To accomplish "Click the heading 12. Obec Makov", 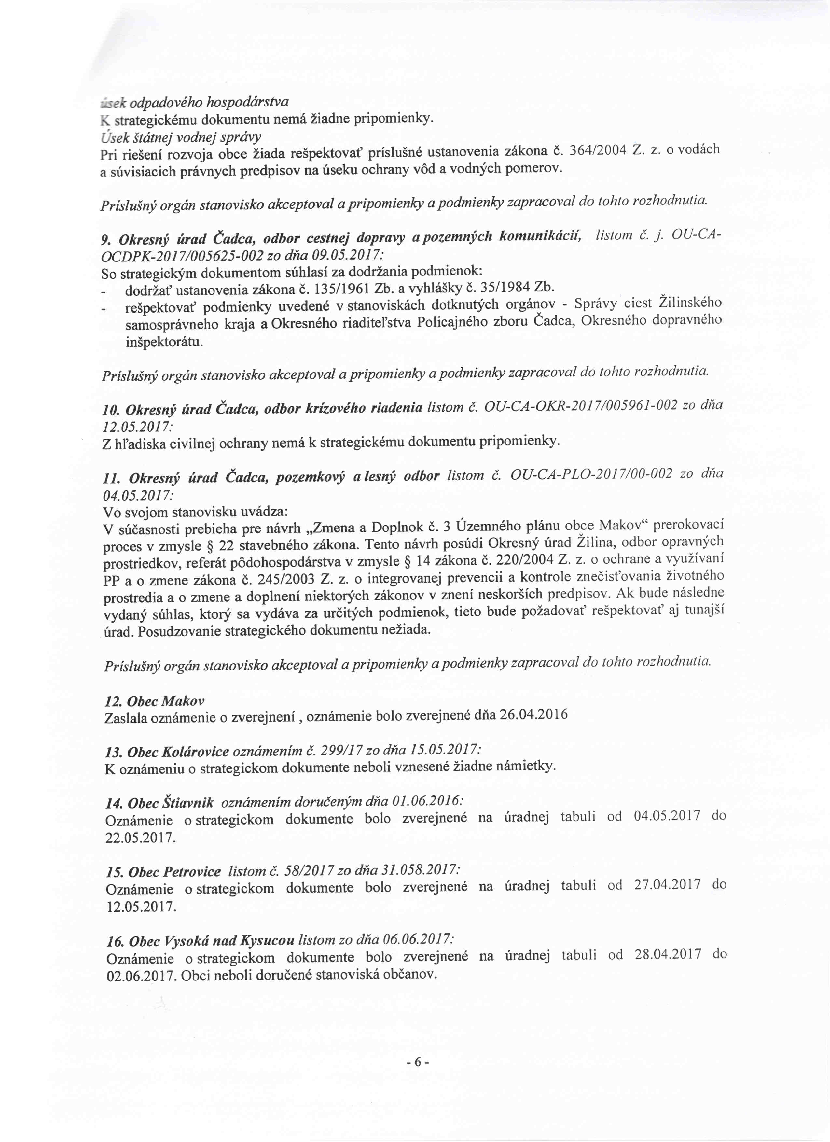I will point(154,700).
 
